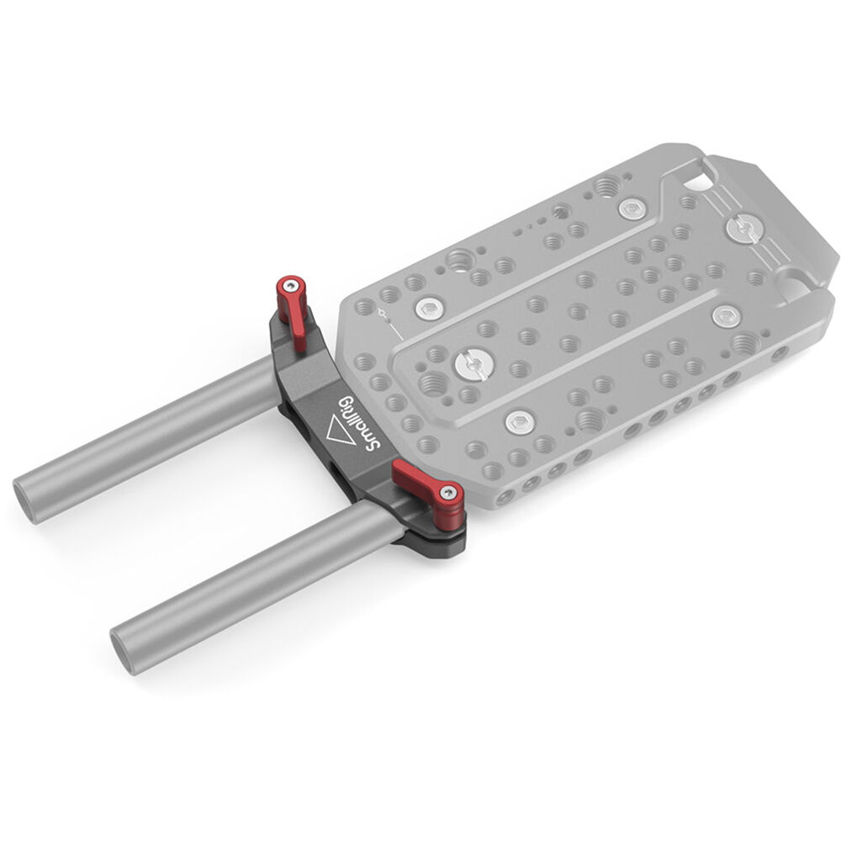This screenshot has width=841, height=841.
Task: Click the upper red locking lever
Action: [x=293, y=311]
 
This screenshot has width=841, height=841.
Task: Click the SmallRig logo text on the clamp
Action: [x=360, y=423]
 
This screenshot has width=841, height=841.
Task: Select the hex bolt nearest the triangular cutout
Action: [x=632, y=209]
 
